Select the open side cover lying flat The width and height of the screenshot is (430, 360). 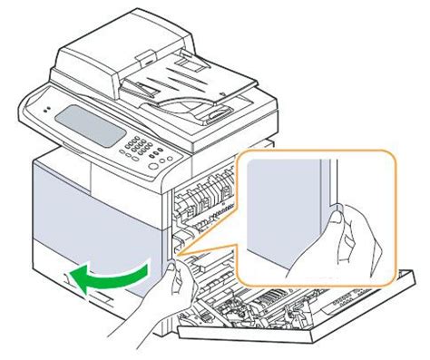coord(299,317)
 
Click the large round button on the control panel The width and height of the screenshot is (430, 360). coord(169,163)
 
